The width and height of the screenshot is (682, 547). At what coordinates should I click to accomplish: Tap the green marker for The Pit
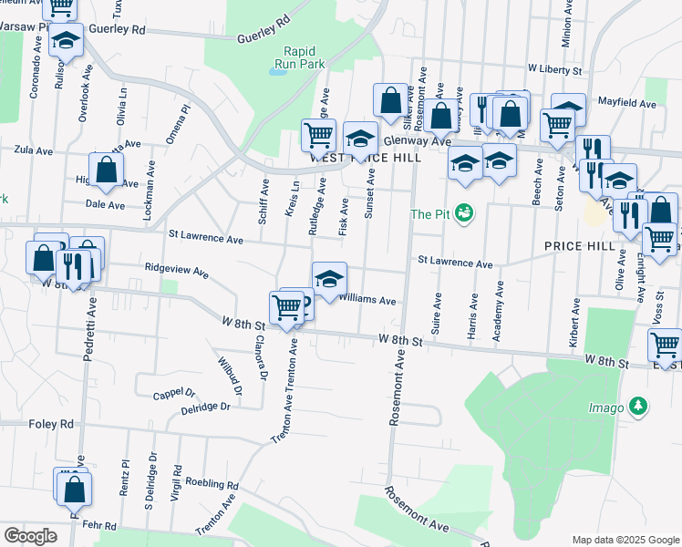(x=466, y=213)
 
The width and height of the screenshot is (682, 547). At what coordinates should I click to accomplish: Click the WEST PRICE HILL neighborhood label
(x=365, y=158)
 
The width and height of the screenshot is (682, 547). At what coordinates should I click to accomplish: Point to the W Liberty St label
(x=555, y=69)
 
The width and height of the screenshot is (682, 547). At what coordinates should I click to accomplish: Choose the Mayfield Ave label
(x=627, y=104)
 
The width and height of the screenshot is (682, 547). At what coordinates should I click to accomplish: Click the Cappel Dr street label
(x=174, y=392)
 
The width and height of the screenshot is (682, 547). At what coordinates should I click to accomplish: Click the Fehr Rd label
(x=98, y=526)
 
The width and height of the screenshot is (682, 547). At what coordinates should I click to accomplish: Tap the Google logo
(x=29, y=536)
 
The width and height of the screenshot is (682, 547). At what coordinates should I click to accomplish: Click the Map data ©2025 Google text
(x=625, y=540)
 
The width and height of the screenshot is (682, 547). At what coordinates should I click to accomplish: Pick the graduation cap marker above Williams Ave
(x=329, y=276)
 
